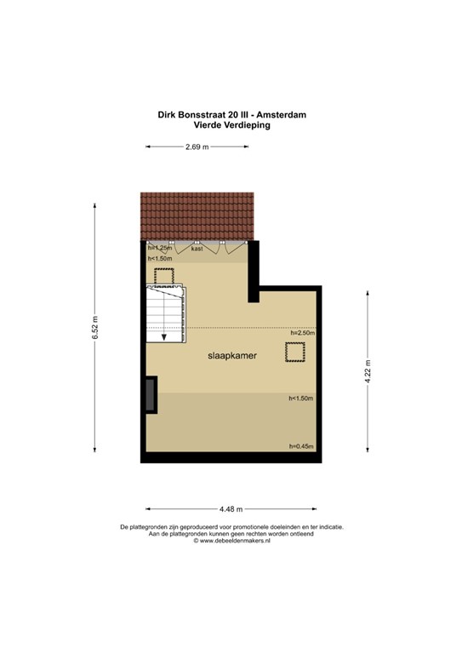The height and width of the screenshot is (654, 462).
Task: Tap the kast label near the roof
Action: [197, 249]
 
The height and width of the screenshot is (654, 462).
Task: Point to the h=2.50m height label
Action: [302, 334]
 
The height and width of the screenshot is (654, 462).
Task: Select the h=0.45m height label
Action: [302, 447]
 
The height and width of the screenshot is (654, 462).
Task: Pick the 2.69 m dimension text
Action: [197, 146]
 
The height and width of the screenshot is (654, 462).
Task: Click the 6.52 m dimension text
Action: [95, 328]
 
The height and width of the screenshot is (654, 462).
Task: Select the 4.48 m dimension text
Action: [231, 508]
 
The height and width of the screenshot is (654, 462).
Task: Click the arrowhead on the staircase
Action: [164, 336]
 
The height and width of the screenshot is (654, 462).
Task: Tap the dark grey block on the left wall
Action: [151, 396]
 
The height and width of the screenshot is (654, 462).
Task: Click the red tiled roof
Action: [197, 216]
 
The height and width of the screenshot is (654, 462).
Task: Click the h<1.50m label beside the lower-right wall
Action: [302, 399]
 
